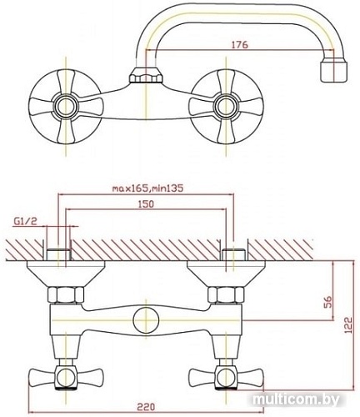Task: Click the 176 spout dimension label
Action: pyautogui.click(x=240, y=45)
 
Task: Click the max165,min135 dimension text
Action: pyautogui.click(x=147, y=188)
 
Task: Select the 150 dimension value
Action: pyautogui.click(x=146, y=204)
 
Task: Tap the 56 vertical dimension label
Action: pyautogui.click(x=328, y=303)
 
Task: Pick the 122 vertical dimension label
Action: pyautogui.click(x=347, y=325)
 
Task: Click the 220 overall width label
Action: pyautogui.click(x=147, y=407)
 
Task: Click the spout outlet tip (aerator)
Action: pyautogui.click(x=334, y=72)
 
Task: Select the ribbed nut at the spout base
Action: pyautogui.click(x=146, y=75)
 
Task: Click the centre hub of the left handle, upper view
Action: pyautogui.click(x=66, y=107)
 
